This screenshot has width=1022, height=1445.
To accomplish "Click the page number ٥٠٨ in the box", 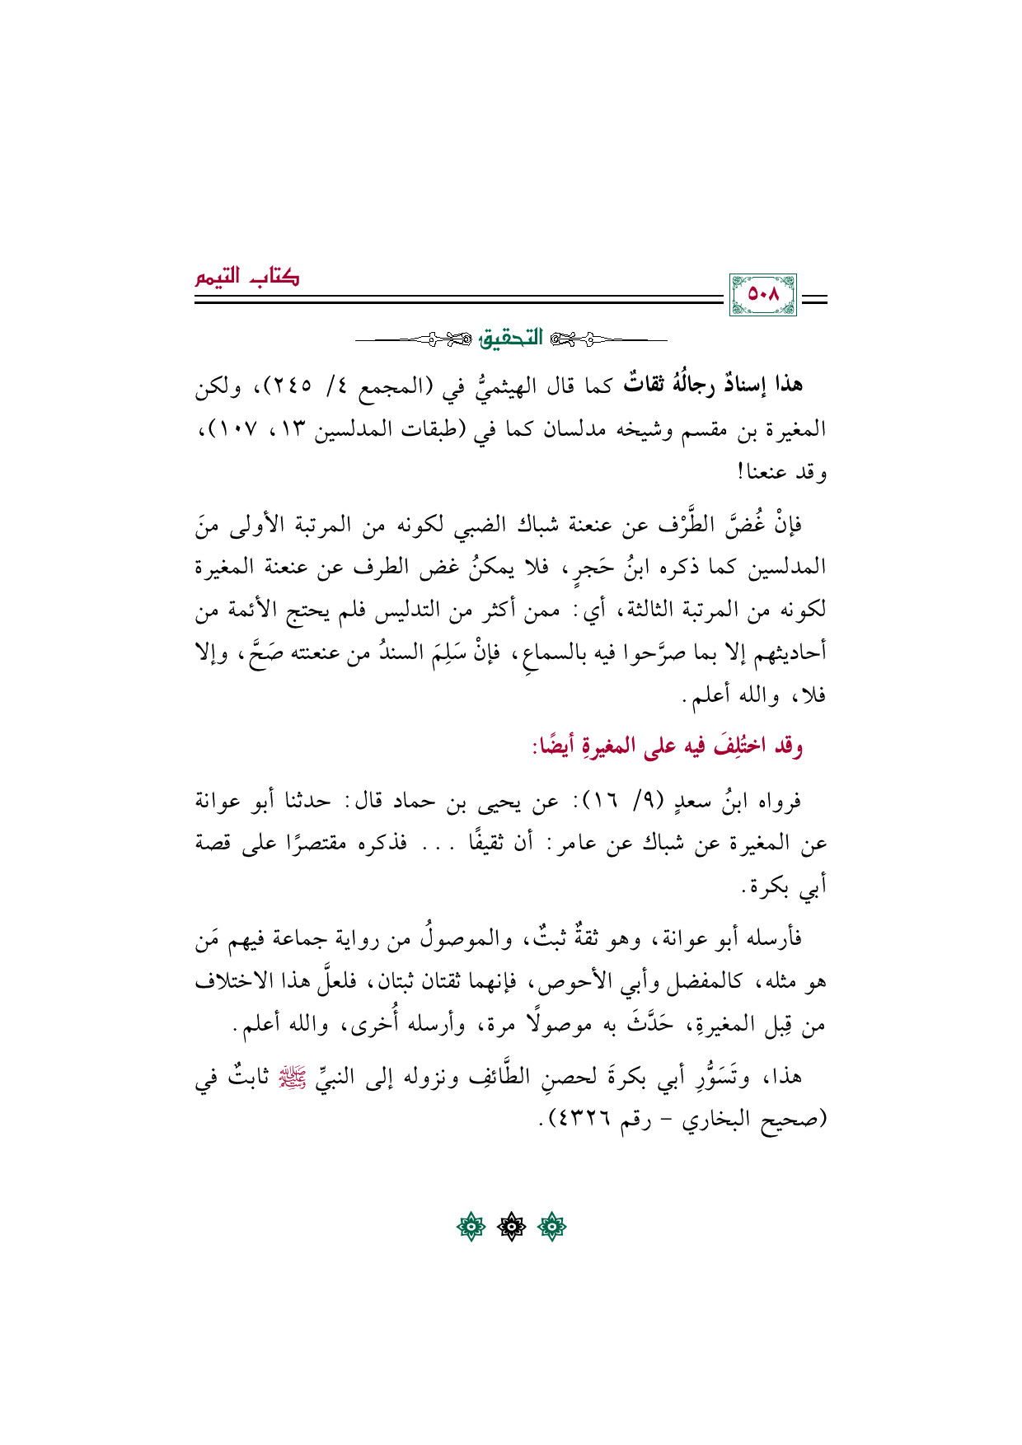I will pos(762,295).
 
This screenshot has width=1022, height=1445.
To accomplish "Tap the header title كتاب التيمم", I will pos(247,277).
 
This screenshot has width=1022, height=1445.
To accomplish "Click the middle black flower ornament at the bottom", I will pos(511,1228).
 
